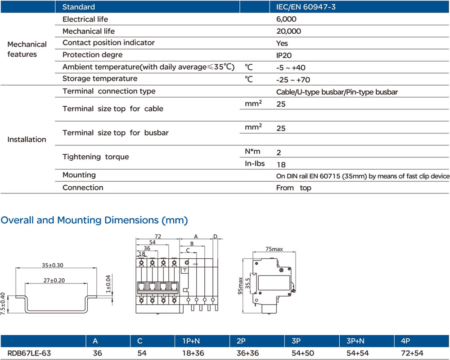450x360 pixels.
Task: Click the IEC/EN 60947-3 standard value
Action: tap(306, 7)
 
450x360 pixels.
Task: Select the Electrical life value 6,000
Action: tap(286, 19)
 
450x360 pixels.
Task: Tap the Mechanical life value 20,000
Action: tap(288, 31)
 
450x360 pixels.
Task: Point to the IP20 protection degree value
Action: tap(283, 55)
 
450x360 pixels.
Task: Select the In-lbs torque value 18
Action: tap(281, 164)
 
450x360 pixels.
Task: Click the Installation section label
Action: tap(27, 139)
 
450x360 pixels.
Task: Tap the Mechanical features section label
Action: tap(27, 49)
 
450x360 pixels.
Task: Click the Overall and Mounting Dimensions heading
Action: tap(94, 220)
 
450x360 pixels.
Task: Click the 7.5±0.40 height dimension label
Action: tap(4, 303)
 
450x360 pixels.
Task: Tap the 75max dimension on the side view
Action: tap(274, 248)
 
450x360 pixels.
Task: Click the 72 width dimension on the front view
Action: tap(158, 236)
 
